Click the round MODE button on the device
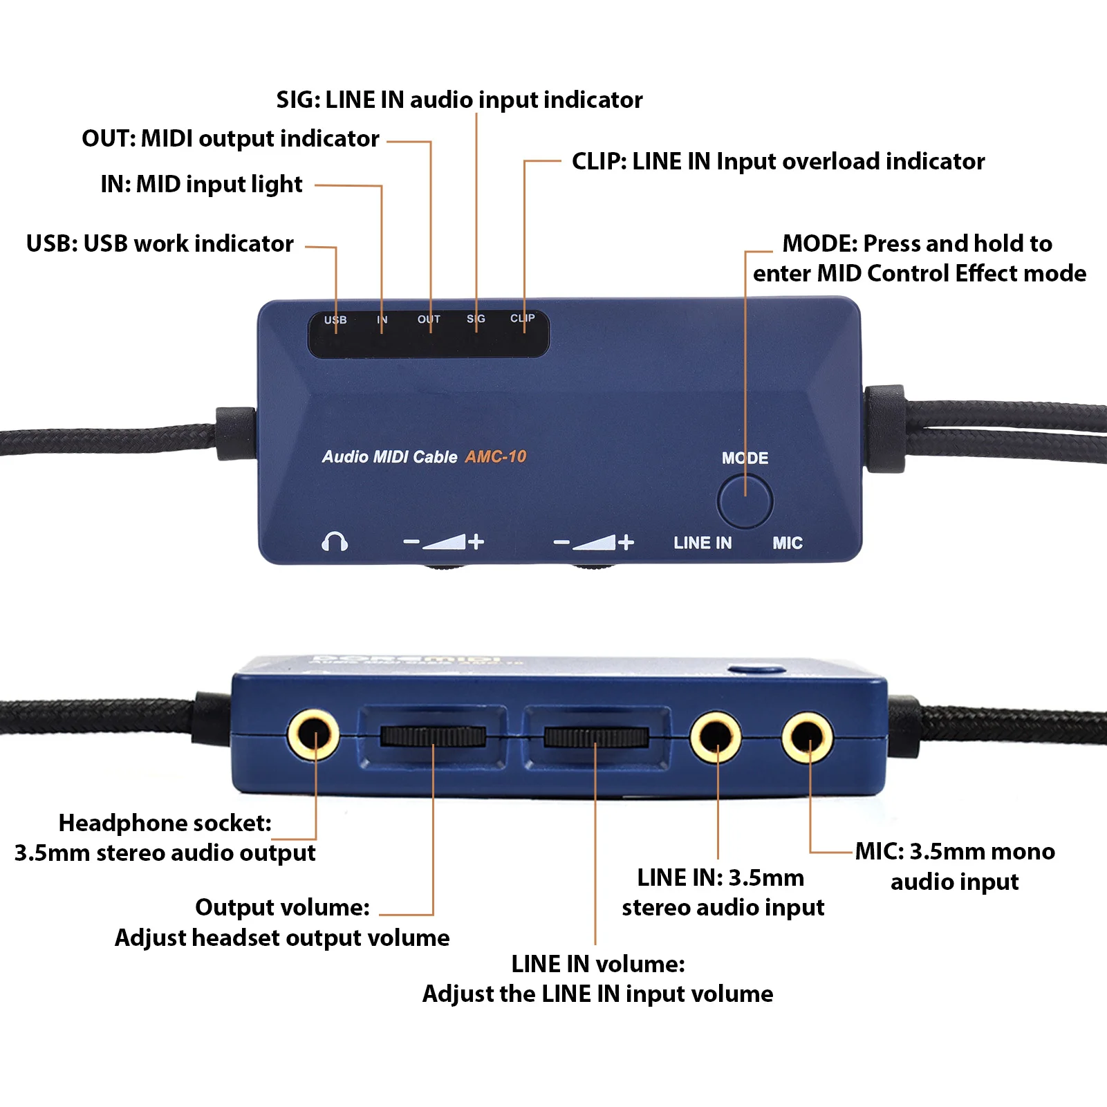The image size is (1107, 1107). coord(745,501)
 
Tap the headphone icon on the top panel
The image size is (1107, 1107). coord(335,541)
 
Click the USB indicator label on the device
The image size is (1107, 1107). coord(335,319)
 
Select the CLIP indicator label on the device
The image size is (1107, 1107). coord(522,318)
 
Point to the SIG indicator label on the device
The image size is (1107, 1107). coord(476,319)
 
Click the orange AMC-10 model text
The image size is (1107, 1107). coord(496,456)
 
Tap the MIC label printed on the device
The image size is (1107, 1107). coord(788,543)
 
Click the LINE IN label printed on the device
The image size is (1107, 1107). coord(703,543)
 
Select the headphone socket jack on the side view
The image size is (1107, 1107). coord(313,735)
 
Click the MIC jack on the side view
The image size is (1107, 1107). coord(807,737)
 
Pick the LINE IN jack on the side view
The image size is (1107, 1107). coord(716,737)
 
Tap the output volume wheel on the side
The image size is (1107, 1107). coord(433,736)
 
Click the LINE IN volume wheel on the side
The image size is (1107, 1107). coord(595,737)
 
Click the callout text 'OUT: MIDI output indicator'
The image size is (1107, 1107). coord(230,138)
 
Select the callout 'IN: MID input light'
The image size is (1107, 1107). coord(201,184)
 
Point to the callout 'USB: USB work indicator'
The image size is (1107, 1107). coord(160,243)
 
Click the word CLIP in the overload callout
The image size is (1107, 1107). coord(597,161)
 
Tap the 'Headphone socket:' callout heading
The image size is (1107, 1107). coord(165,823)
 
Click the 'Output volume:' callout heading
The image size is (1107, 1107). coord(282,907)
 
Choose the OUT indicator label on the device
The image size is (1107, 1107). coord(429,319)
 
